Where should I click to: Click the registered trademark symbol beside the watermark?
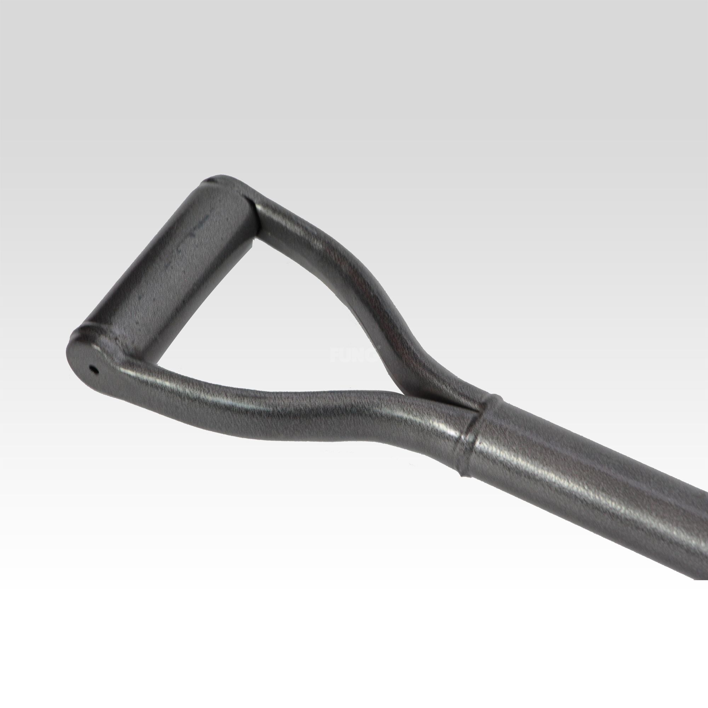(x=379, y=348)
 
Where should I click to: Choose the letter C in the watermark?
(x=372, y=355)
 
